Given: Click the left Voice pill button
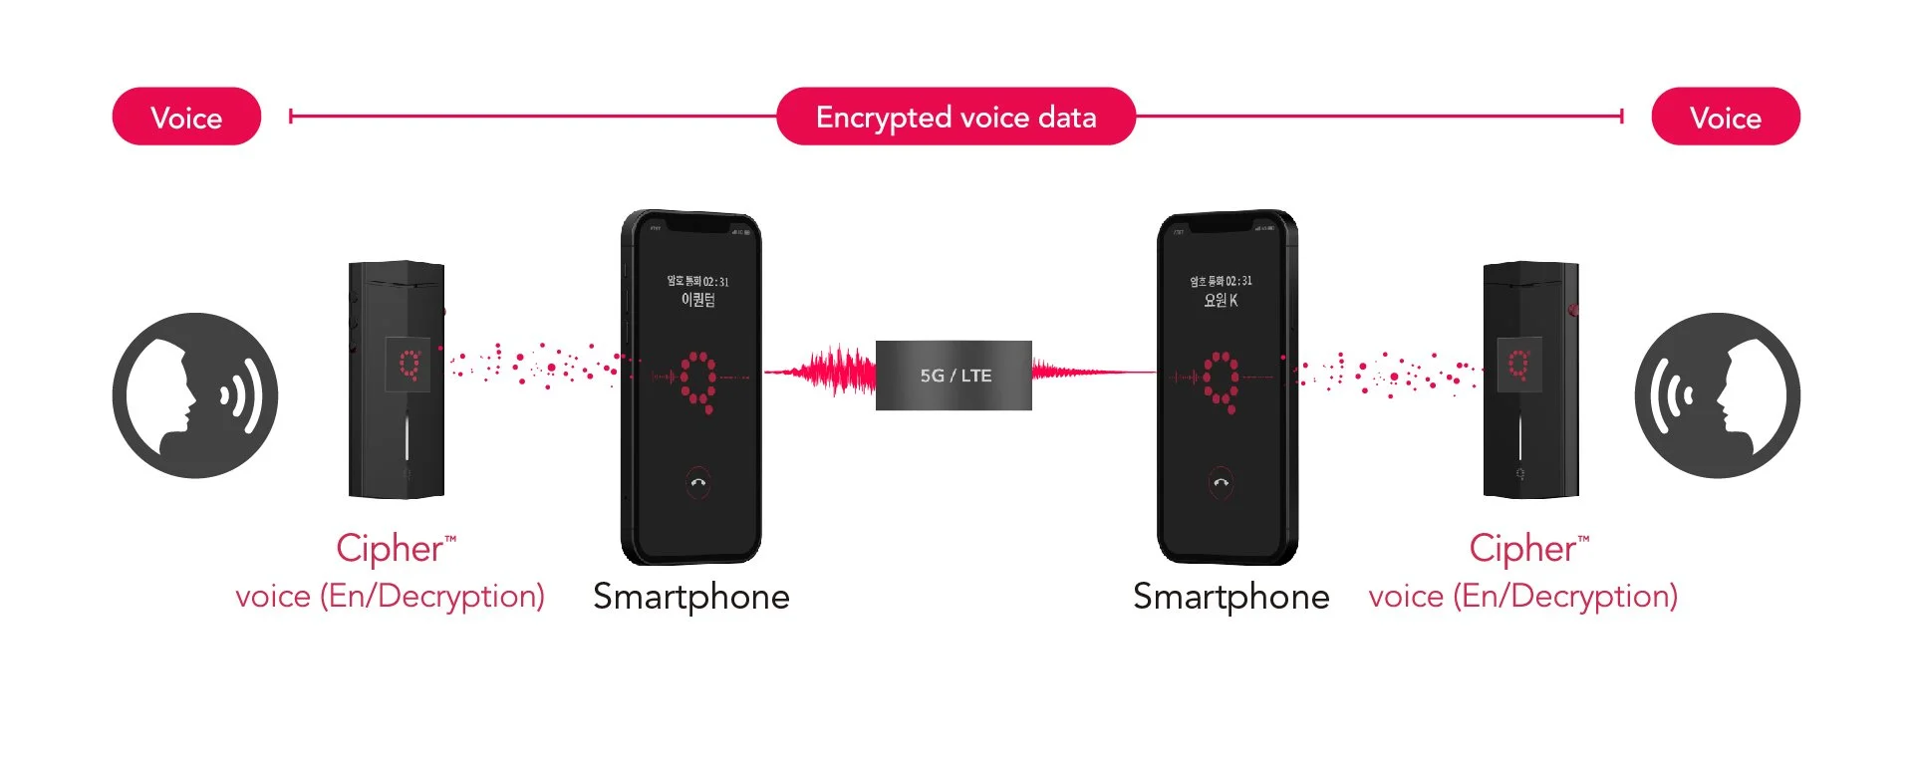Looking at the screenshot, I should [186, 117].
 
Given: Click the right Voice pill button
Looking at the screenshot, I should [1726, 117].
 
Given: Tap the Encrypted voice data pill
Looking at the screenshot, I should [956, 117].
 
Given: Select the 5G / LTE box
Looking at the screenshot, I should [954, 376].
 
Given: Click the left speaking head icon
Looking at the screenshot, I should [195, 395].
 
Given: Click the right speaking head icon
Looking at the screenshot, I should [1717, 395].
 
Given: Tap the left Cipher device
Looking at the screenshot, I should [397, 380].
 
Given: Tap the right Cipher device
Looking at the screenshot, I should [1530, 380].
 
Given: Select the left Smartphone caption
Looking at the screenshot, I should [690, 597].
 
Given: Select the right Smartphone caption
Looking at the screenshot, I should [1230, 597].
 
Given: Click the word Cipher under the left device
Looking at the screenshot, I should [390, 548].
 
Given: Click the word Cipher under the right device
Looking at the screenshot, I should [1522, 548].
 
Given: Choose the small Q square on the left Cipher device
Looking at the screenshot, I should [409, 364].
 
